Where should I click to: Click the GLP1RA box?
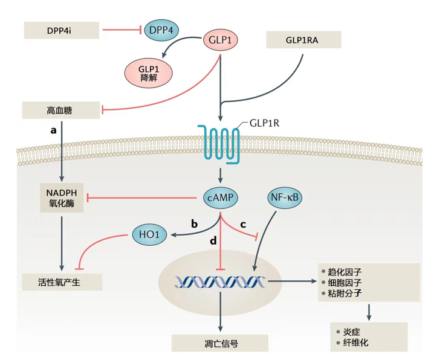303,39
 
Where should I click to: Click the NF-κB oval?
286,197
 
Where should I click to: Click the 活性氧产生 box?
62,281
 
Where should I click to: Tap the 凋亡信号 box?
219,342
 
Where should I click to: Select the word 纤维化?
355,342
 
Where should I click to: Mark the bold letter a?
54,130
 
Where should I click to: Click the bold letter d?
213,242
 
